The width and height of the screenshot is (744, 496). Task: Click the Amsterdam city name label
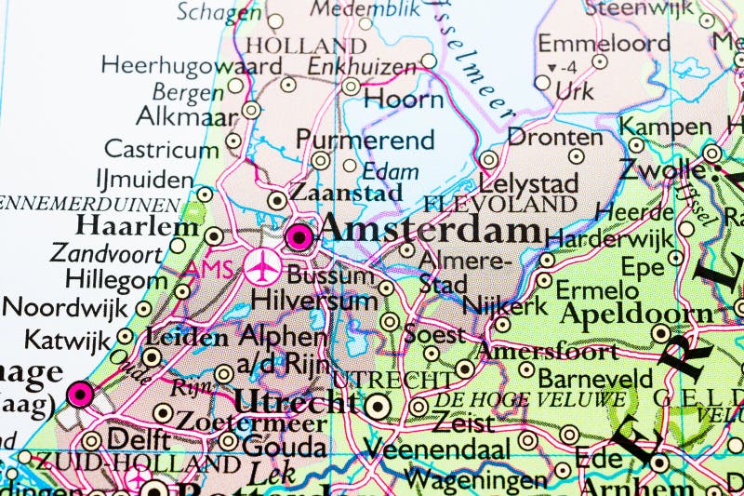[429, 232]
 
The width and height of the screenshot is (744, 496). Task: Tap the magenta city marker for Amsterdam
[299, 238]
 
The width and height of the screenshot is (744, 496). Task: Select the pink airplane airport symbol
[264, 268]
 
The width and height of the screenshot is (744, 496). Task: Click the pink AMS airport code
[206, 269]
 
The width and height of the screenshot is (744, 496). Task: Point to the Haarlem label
[138, 226]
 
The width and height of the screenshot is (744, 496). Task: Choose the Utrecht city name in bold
[295, 402]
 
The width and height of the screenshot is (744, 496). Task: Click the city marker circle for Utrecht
[377, 405]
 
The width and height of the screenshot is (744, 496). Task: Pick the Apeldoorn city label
[635, 314]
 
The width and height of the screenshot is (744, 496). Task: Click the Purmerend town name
[365, 140]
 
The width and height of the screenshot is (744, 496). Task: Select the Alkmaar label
[186, 115]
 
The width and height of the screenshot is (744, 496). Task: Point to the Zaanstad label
[346, 193]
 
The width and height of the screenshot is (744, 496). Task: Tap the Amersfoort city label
[547, 351]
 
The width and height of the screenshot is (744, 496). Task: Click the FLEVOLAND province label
[500, 204]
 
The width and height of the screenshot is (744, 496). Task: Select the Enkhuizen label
[362, 66]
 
